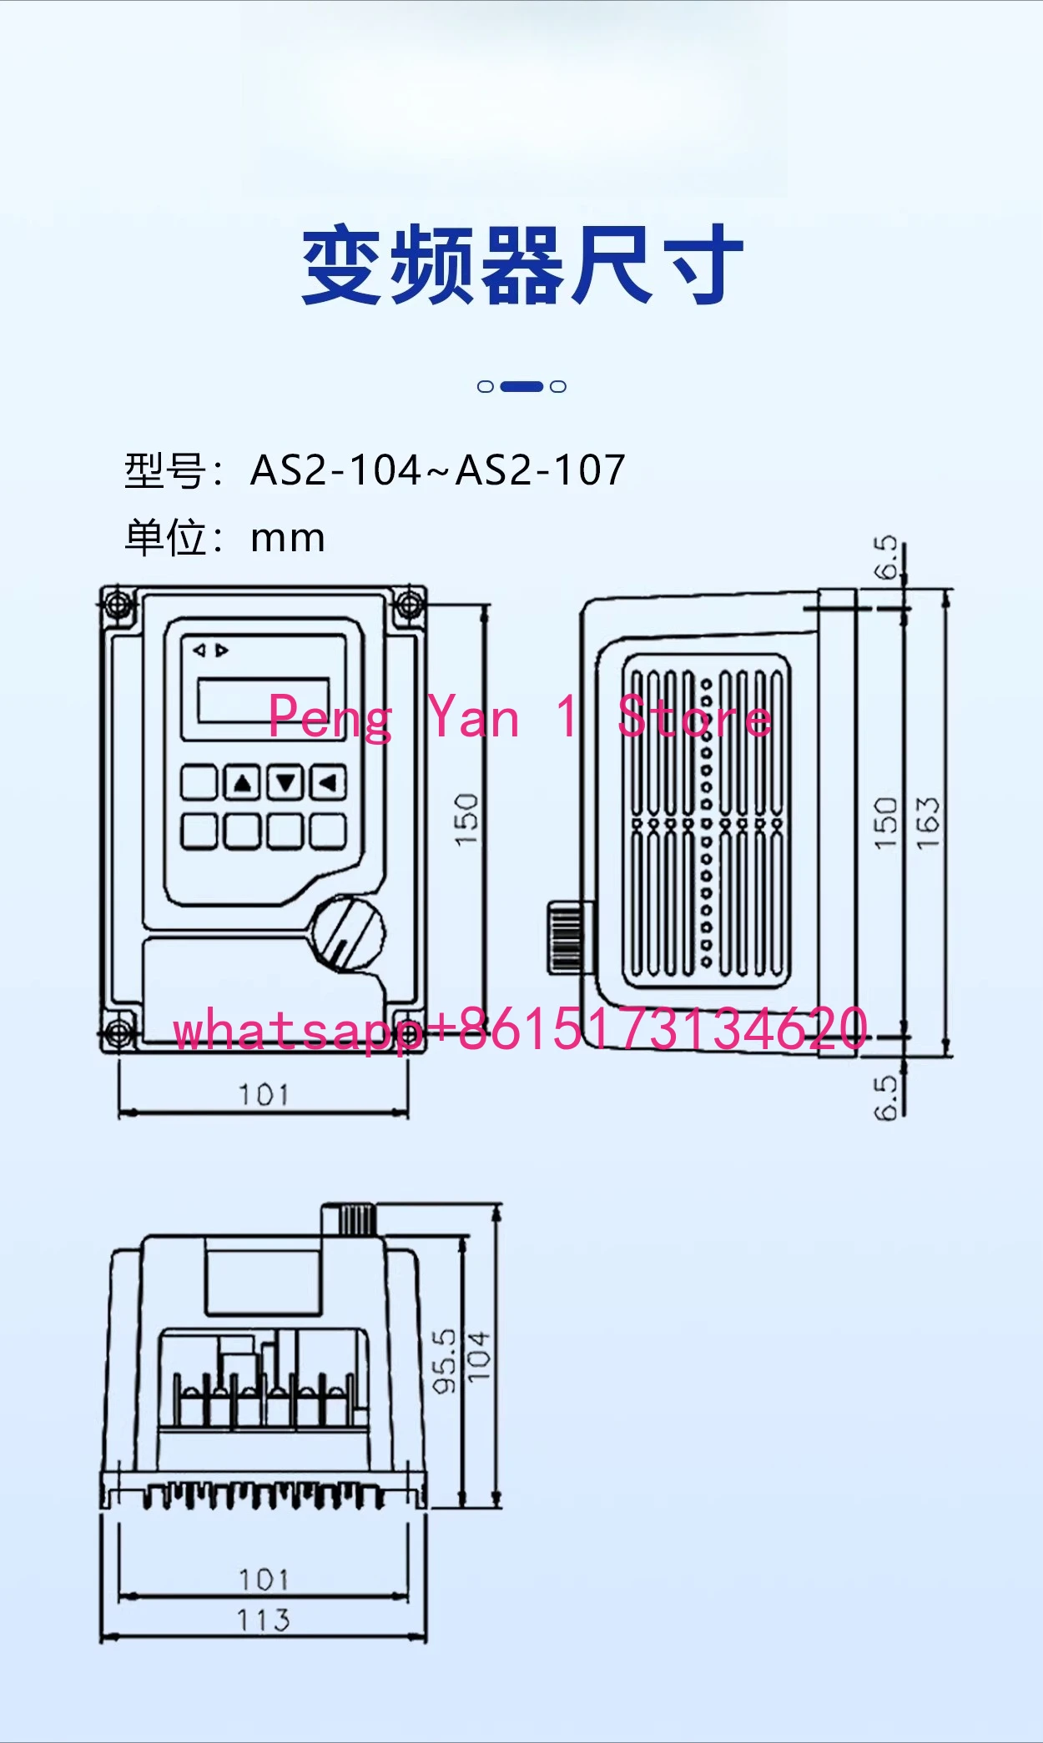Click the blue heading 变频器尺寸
click(522, 265)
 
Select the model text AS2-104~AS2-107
click(438, 470)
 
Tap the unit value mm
click(288, 539)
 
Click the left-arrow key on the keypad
click(328, 782)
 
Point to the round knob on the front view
click(347, 932)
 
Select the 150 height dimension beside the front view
click(466, 820)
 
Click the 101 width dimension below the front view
click(264, 1094)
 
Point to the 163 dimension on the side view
click(928, 823)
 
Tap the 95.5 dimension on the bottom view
click(445, 1361)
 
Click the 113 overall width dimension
click(264, 1620)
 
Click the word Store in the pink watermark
click(694, 717)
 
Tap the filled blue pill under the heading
click(521, 386)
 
